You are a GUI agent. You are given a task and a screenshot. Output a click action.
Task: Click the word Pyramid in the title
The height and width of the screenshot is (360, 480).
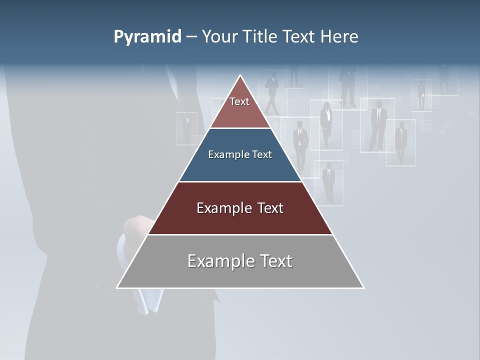[x=147, y=37]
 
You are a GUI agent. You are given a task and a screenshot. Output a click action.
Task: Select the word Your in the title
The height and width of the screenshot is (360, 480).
[x=218, y=37]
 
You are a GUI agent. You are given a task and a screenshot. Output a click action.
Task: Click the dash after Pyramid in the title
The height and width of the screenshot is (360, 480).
[x=191, y=37]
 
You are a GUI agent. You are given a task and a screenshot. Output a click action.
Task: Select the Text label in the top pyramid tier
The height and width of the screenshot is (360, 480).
[x=239, y=101]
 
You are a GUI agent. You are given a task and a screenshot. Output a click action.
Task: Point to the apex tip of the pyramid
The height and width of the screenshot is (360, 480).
[x=240, y=75]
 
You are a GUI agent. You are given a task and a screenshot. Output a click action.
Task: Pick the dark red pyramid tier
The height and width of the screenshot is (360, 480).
[x=240, y=220]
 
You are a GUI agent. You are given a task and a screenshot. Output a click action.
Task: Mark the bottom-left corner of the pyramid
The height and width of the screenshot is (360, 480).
[x=117, y=288]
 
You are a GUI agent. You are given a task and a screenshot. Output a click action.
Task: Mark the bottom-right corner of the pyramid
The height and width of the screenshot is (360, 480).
[x=363, y=288]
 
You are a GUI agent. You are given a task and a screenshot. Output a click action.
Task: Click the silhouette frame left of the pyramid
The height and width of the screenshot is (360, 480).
[x=187, y=128]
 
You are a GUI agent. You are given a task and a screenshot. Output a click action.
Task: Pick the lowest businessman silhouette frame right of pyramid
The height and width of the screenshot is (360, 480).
[x=328, y=182]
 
